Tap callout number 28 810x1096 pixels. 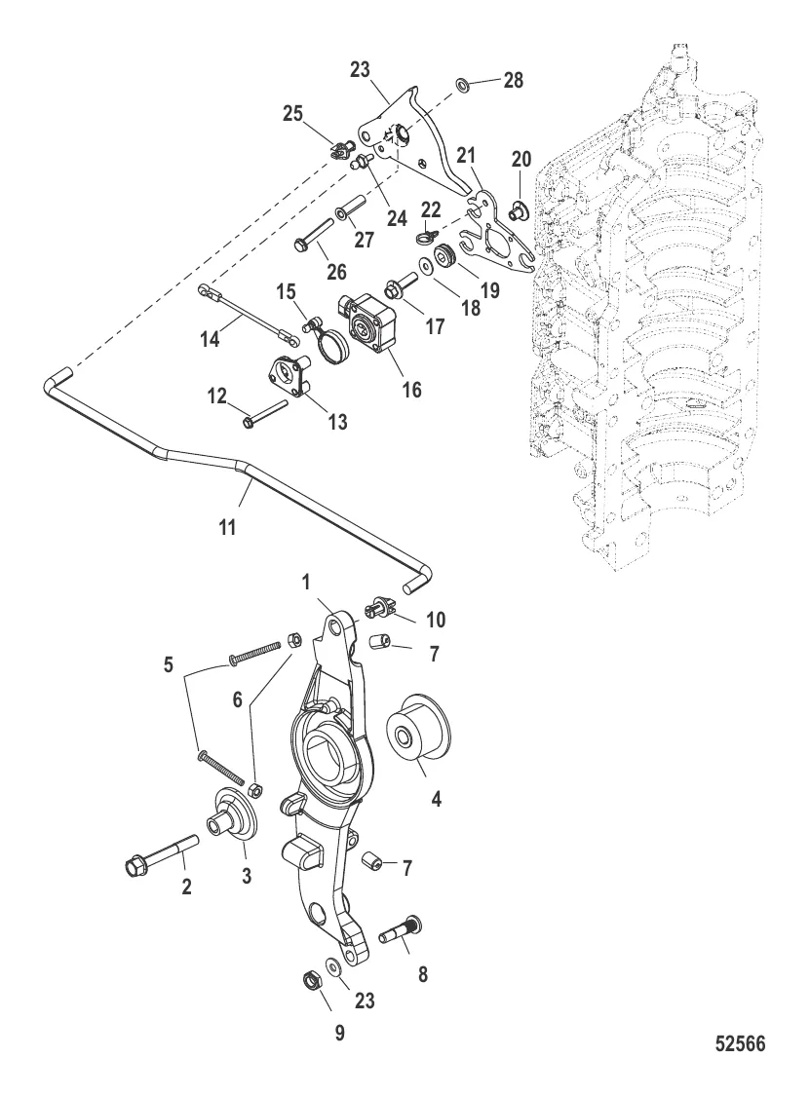click(x=512, y=81)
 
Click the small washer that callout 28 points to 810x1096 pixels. click(x=467, y=87)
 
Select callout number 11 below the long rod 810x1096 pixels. click(x=228, y=526)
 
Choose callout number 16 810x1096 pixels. click(x=411, y=390)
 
